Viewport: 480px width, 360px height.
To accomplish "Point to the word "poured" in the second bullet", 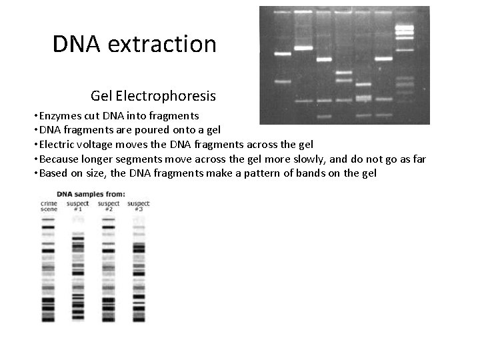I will coord(144,130).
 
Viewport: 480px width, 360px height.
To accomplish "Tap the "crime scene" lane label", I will coord(49,206).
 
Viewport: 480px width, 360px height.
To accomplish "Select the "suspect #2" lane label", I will coord(109,206).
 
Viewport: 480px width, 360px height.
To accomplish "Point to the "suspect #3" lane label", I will coord(139,206).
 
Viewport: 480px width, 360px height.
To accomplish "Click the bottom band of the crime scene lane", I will coord(49,319).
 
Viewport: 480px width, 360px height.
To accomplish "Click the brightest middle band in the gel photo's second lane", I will coord(304,49).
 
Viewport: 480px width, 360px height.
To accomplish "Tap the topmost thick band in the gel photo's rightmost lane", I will coord(404,29).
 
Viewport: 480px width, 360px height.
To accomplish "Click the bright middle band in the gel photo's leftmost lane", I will coord(282,54).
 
